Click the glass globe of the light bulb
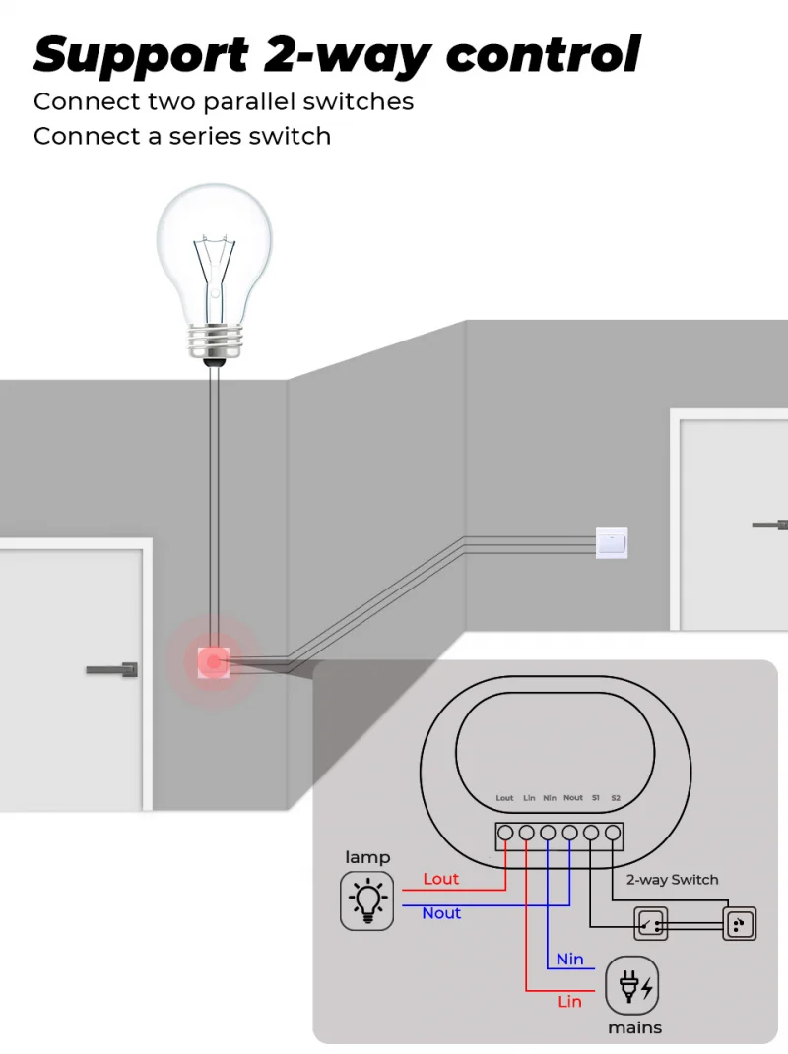214,246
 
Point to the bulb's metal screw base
214,341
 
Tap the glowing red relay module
213,662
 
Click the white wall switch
612,542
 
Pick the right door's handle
769,525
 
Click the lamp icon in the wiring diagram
367,899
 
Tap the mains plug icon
631,985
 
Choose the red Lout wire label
441,879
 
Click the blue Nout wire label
441,913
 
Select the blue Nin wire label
569,959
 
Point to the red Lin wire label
569,1001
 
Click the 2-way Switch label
672,880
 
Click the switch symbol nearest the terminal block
651,923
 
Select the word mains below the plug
634,1027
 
